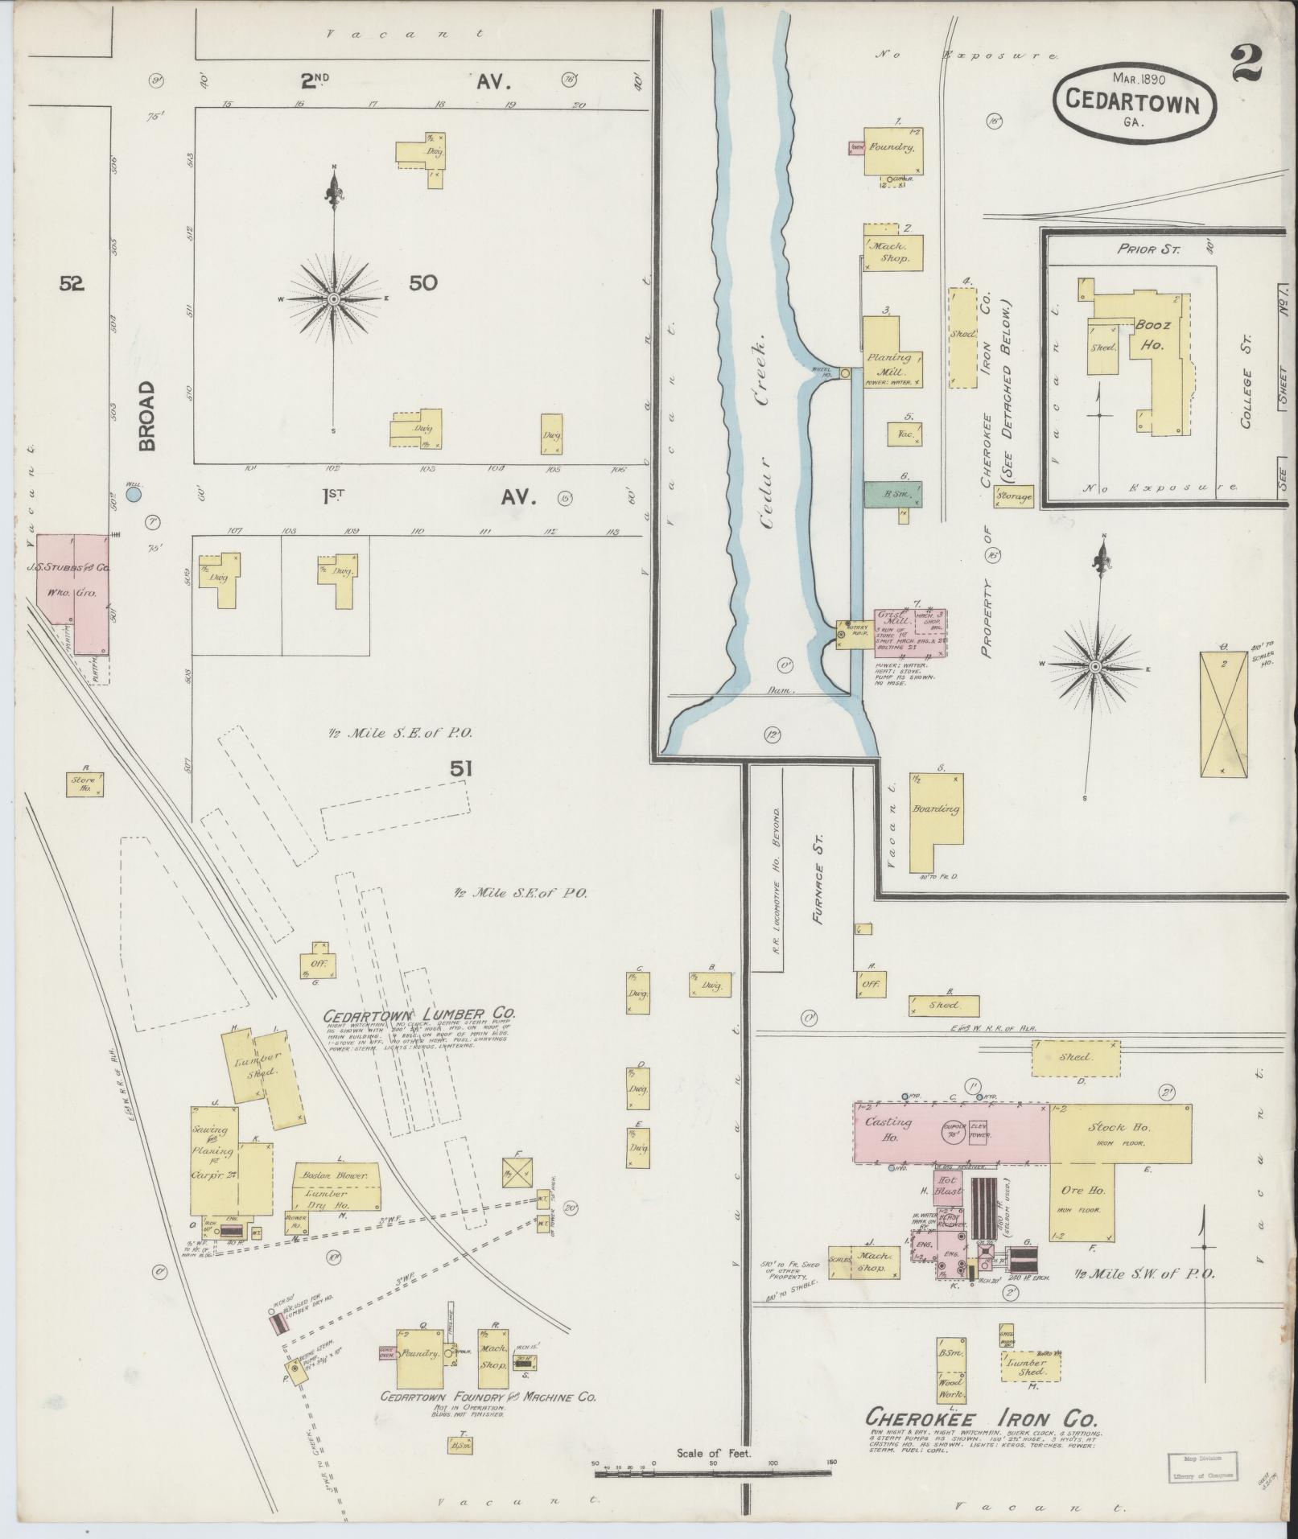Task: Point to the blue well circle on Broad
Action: (x=134, y=493)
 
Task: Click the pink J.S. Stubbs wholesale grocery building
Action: (x=72, y=579)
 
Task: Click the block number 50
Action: (x=423, y=283)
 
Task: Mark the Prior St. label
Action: (x=1148, y=249)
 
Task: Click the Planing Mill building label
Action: (x=891, y=364)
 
